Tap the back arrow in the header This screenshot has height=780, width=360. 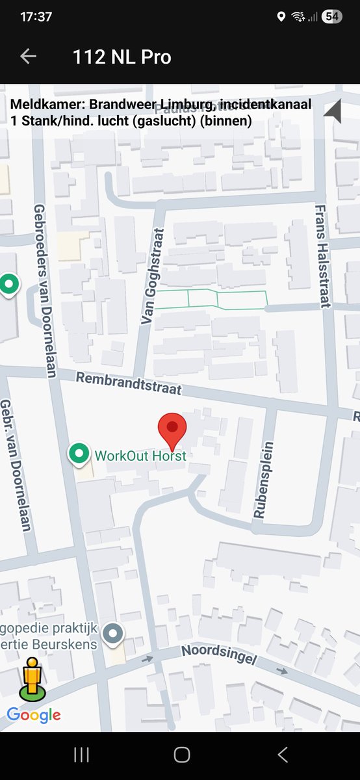tap(28, 57)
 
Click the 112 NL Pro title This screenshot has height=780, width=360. tap(122, 57)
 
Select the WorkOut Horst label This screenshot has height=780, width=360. tap(140, 455)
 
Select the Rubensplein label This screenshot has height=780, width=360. tap(260, 480)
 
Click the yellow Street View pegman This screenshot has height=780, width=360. tap(32, 679)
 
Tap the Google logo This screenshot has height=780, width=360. tap(34, 715)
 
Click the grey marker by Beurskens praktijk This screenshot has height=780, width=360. tap(114, 632)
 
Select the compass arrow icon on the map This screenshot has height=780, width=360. tap(333, 112)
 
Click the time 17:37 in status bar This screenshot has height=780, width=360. tap(36, 17)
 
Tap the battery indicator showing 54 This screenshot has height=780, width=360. tap(331, 17)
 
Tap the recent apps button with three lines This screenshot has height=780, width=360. tap(81, 754)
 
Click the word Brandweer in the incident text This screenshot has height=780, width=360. tap(120, 105)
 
